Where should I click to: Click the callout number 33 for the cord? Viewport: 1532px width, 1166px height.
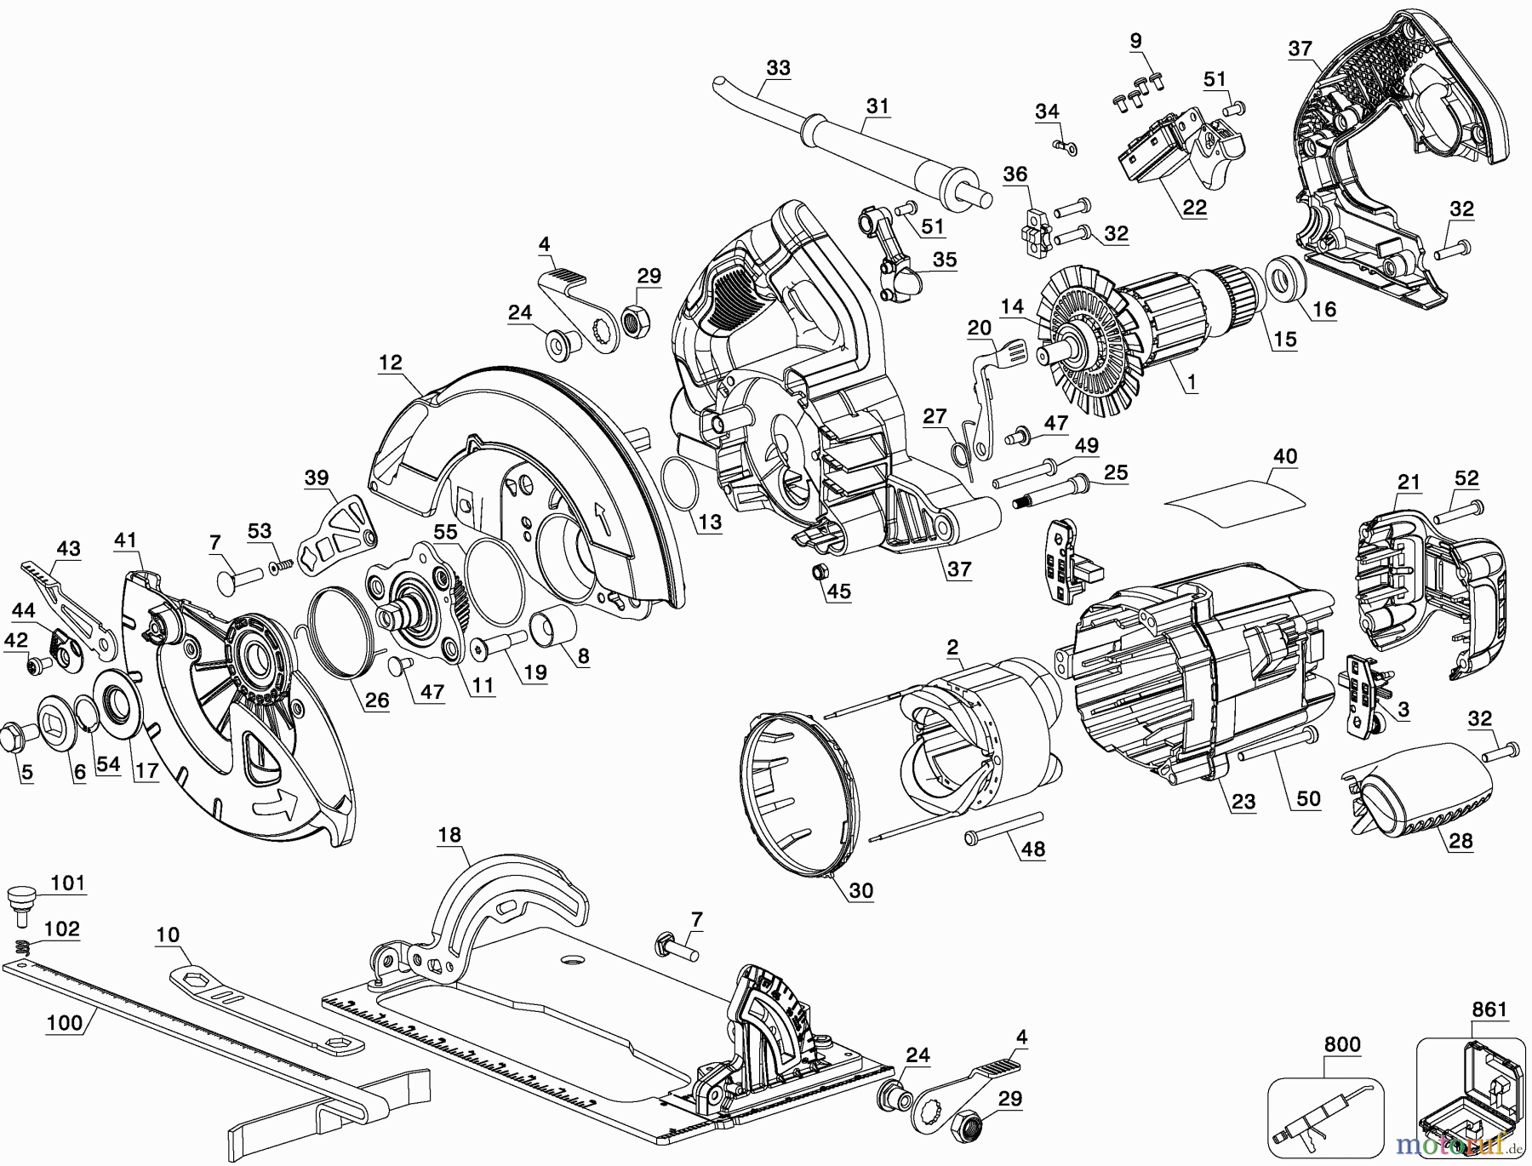[x=778, y=67]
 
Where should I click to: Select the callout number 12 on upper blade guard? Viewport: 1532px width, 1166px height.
[x=391, y=362]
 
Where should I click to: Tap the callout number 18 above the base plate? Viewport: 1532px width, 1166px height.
[x=449, y=835]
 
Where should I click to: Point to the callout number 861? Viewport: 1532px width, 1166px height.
[x=1489, y=1009]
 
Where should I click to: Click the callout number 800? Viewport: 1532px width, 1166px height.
[x=1342, y=1044]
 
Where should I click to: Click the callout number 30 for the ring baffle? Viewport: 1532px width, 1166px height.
[x=860, y=890]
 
